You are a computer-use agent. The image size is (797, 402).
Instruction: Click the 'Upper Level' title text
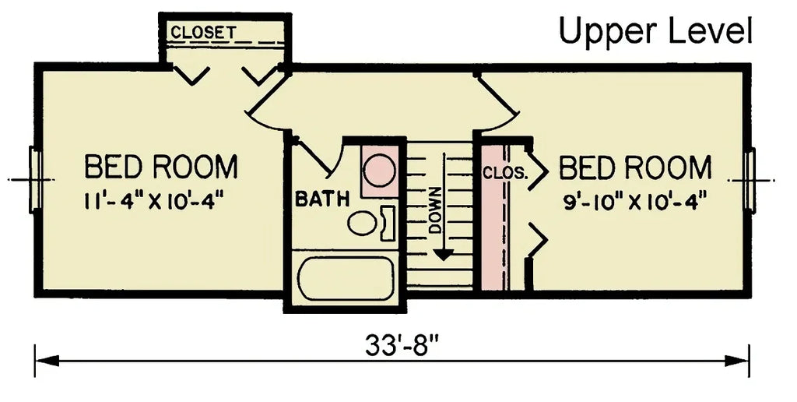tap(655, 32)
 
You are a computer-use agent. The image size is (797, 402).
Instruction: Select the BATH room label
tap(321, 199)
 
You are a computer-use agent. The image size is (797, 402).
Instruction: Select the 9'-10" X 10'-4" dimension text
tap(634, 202)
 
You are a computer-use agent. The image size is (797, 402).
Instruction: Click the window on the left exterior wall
tap(34, 178)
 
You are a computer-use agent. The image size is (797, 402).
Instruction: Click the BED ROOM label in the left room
tap(160, 167)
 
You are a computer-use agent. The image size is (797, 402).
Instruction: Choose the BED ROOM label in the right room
tap(635, 167)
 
